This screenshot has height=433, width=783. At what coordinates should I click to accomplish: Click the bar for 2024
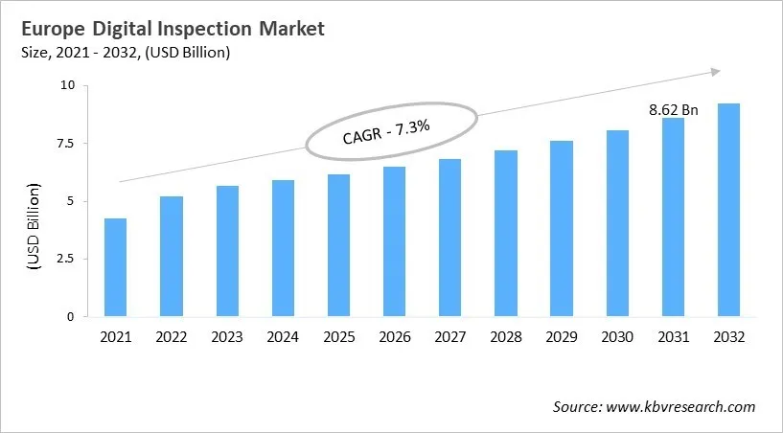(x=283, y=248)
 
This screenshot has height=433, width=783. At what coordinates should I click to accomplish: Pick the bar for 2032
(x=728, y=210)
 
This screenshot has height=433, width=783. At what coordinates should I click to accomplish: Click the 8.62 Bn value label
(x=673, y=110)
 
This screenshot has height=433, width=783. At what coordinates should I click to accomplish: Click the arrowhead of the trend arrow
(x=714, y=70)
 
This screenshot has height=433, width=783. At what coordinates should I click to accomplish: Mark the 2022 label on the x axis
(x=172, y=337)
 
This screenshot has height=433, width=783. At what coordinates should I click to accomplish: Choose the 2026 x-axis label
(x=394, y=337)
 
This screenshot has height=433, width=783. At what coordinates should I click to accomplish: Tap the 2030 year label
(x=617, y=337)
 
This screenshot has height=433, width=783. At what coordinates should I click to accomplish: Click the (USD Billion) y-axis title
(x=35, y=226)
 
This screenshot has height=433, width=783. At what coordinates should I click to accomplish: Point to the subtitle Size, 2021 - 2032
(x=95, y=53)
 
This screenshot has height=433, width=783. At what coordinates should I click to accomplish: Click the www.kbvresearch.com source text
(x=680, y=407)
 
